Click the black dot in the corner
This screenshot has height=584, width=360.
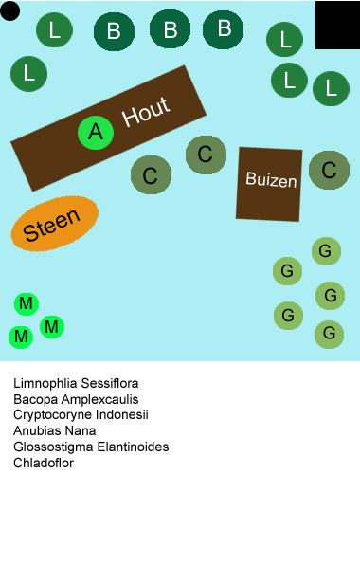coord(10,11)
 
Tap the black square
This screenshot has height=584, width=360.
coord(337,26)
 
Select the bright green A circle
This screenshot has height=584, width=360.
coord(95,133)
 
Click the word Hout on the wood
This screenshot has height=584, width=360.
coord(146,112)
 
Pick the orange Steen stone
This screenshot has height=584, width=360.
coord(54,225)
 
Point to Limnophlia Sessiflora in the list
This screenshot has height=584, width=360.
coord(76,384)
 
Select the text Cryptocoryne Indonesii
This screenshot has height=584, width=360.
coord(81,415)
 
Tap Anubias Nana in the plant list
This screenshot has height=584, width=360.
coord(54,430)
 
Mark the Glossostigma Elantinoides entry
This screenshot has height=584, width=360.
coord(91,447)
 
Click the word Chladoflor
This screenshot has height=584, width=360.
coord(44,463)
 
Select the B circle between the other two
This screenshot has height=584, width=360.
coord(170,29)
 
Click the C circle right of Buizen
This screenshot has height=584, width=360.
coord(329,171)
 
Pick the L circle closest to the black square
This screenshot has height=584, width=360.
coord(284,40)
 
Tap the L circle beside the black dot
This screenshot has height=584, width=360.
coord(54,30)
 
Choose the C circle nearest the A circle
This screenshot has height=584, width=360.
coord(150,175)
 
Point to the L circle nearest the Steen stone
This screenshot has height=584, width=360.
coord(29,73)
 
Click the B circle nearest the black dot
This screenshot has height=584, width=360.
coord(114,31)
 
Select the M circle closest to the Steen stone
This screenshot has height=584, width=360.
coord(27,303)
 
